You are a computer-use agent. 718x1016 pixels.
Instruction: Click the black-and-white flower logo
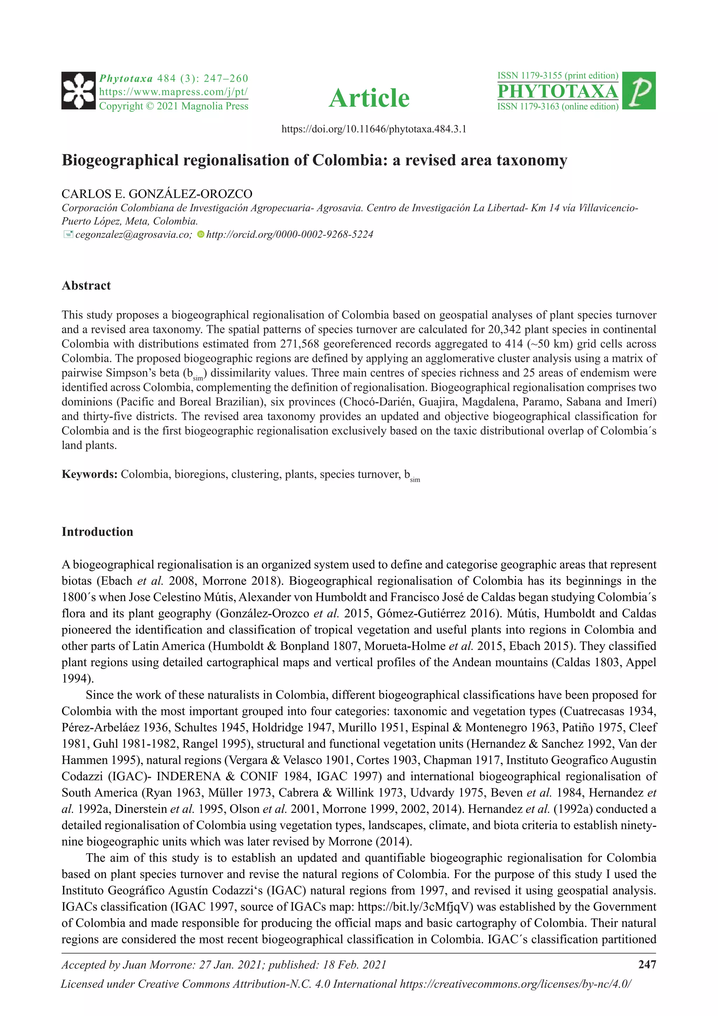[79, 91]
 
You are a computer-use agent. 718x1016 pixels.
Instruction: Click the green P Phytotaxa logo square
[638, 91]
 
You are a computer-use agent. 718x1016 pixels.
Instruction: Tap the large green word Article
[369, 98]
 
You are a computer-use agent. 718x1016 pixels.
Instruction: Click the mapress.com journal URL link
[173, 92]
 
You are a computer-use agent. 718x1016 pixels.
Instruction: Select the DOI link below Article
[374, 129]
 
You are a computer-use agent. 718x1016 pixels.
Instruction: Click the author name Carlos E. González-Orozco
[157, 194]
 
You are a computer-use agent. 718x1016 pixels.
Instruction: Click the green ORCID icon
[200, 235]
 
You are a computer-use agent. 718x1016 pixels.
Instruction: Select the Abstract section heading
[86, 286]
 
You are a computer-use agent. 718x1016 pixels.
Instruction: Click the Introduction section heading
[97, 532]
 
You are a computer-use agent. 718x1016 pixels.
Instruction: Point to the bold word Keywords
[89, 474]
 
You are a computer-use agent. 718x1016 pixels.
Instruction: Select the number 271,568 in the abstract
[299, 344]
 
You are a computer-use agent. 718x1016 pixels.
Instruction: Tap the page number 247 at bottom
[647, 964]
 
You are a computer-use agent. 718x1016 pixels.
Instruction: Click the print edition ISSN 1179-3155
[557, 76]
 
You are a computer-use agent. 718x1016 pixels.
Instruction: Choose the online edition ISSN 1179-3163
[557, 107]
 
